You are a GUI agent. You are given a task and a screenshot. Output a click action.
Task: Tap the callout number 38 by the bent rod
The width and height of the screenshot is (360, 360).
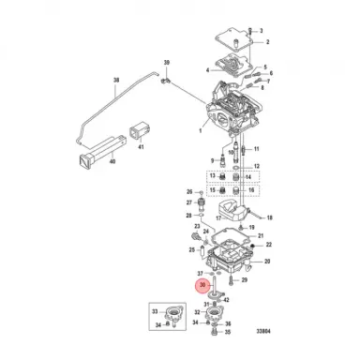[115, 82]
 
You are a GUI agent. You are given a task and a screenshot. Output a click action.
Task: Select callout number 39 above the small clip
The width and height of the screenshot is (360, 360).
[168, 63]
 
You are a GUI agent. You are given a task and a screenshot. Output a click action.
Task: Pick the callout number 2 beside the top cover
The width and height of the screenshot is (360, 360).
[266, 42]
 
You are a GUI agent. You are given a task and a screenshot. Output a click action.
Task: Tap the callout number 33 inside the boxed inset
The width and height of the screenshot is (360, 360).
[156, 307]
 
